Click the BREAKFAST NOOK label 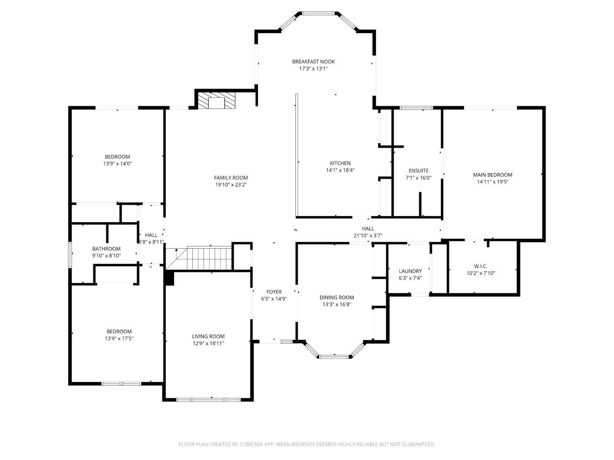pos(313,62)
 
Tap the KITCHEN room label pos(340,163)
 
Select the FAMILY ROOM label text pos(231,177)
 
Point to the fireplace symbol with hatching pos(217,101)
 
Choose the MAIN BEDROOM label pos(492,175)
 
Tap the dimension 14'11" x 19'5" pos(492,182)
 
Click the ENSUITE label pos(418,171)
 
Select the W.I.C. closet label pos(481,266)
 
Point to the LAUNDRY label pos(411,271)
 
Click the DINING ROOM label pos(337,297)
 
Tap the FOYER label pos(274,292)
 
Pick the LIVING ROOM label pos(208,337)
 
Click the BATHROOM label pos(106,249)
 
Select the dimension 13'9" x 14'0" pos(117,164)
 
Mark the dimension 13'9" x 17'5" pos(119,339)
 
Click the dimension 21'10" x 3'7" pos(368,236)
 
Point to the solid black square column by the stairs pos(170,278)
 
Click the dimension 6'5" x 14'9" pos(274,299)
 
